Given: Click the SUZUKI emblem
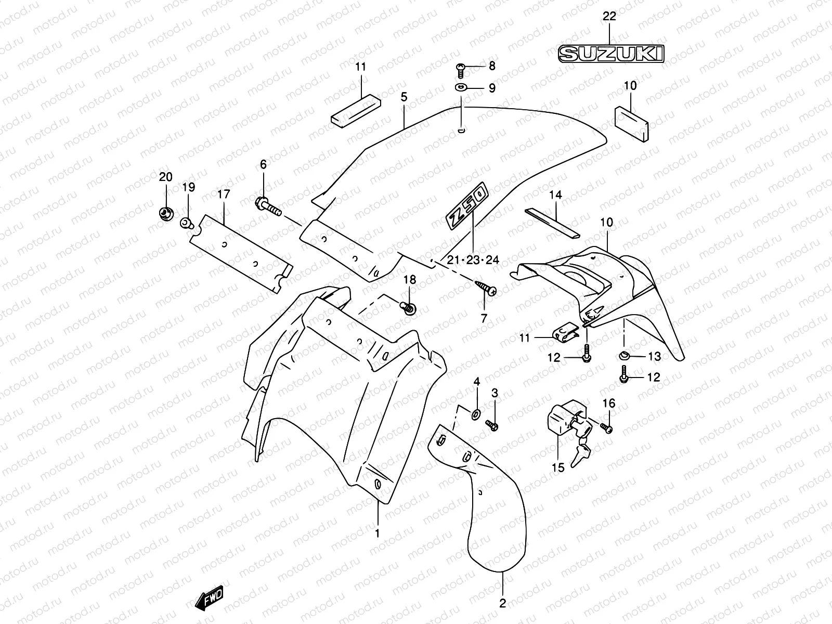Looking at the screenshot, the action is (611, 54).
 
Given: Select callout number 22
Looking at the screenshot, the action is (609, 16).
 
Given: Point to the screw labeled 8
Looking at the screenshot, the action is (461, 71).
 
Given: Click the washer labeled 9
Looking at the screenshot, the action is (461, 88).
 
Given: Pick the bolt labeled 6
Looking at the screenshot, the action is (268, 206).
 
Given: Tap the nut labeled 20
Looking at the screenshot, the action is (166, 214).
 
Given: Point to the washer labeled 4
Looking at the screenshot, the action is (476, 414).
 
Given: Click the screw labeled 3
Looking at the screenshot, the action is (492, 425).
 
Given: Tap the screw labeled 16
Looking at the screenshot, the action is (606, 428).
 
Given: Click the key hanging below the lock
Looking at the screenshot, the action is (580, 456).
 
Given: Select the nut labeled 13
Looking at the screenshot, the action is (624, 356).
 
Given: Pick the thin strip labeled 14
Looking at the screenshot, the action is (552, 223).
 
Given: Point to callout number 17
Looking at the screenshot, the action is (224, 194).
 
